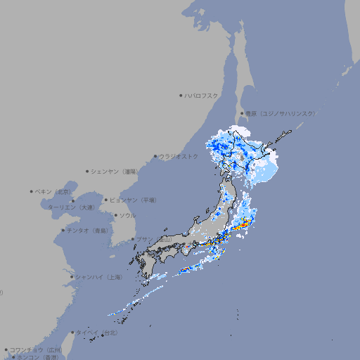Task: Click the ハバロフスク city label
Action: tap(202, 95)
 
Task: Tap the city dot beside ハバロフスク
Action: tap(181, 95)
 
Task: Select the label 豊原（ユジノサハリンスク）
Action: tap(281, 113)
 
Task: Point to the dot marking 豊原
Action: tap(242, 113)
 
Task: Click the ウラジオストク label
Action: tap(179, 156)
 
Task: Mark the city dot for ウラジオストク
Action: tap(155, 156)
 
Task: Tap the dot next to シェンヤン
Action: tap(88, 171)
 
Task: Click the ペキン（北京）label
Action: tap(54, 191)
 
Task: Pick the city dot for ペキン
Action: tap(32, 191)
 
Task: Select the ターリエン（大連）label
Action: tap(70, 207)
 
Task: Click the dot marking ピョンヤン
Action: tap(107, 200)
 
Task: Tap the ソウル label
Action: tap(127, 215)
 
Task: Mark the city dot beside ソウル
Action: tap(115, 215)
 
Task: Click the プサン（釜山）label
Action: tap(154, 240)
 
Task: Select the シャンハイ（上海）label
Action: tap(98, 277)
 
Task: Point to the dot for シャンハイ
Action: tap(72, 277)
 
